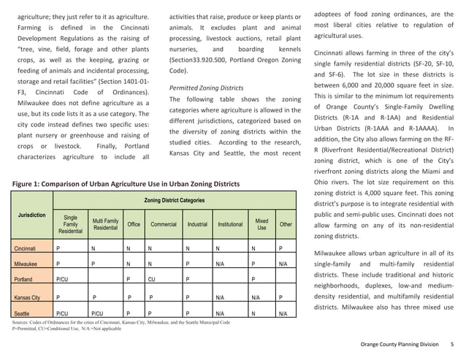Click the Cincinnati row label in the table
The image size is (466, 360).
tap(26, 248)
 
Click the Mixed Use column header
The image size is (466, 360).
tap(261, 224)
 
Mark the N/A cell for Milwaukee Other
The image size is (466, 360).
tap(282, 264)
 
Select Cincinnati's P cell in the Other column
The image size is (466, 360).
tap(280, 248)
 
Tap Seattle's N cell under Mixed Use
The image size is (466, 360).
tap(253, 313)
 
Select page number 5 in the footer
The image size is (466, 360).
tap(452, 344)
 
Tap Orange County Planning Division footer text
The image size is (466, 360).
tap(402, 344)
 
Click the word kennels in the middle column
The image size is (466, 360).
tap(285, 50)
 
